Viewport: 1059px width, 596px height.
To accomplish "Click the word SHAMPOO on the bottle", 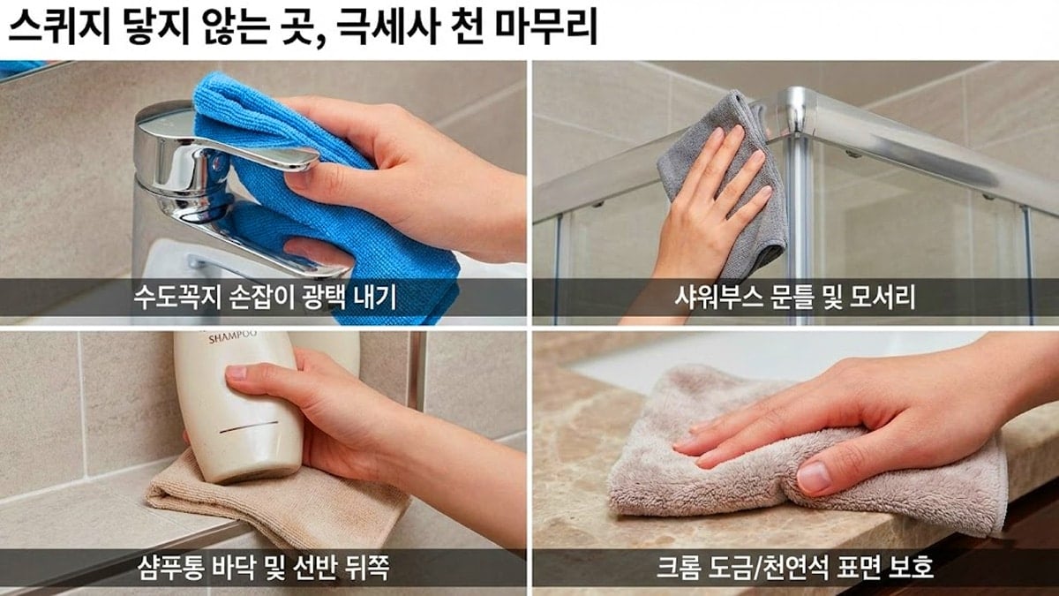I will pos(232,336).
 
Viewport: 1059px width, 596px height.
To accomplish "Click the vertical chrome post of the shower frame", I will pos(800,221).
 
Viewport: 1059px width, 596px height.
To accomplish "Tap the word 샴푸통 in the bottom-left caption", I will pos(162,566).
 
